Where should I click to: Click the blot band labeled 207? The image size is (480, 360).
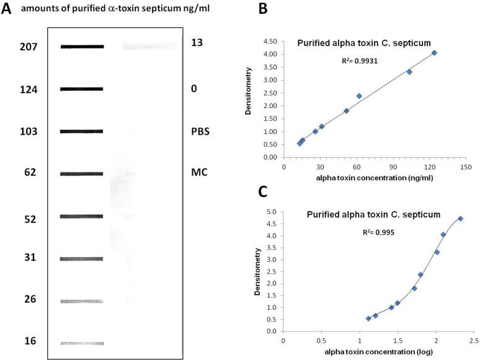tap(82, 47)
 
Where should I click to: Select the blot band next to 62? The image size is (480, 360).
tap(82, 174)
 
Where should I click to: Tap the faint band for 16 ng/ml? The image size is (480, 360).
tap(82, 343)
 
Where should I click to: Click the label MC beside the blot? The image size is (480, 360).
tap(199, 172)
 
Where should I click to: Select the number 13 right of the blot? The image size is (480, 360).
tap(197, 42)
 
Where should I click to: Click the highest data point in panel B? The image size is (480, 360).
tap(434, 53)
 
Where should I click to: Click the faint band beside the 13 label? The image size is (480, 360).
tap(149, 47)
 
